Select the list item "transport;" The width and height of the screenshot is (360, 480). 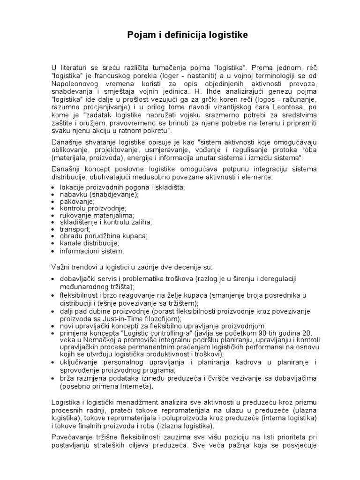tap(75, 229)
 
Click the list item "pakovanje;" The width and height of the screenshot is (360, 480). tap(77, 201)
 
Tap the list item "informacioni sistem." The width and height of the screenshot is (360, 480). tap(92, 251)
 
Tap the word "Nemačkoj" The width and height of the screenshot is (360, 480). tap(98, 340)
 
